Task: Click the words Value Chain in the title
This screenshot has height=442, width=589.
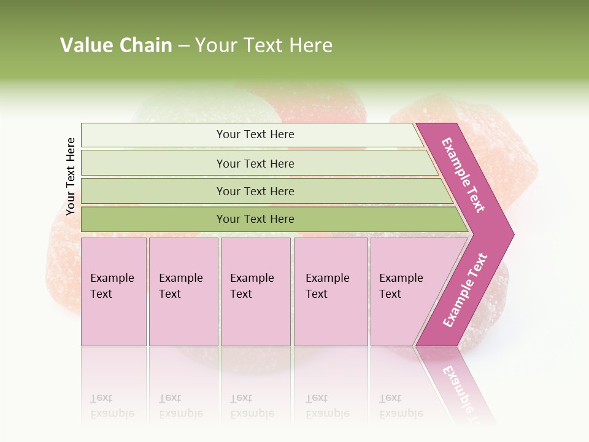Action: pyautogui.click(x=116, y=45)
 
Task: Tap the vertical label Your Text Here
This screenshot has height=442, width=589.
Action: pyautogui.click(x=71, y=176)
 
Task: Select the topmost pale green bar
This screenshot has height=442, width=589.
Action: pyautogui.click(x=153, y=135)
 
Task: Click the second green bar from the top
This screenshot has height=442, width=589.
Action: pyautogui.click(x=153, y=163)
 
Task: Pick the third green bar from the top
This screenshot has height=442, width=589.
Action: pyautogui.click(x=153, y=192)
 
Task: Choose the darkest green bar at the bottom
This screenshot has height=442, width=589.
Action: pyautogui.click(x=153, y=219)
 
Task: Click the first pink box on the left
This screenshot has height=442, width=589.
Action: pyautogui.click(x=114, y=292)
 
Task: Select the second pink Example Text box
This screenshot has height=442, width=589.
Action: pyautogui.click(x=183, y=292)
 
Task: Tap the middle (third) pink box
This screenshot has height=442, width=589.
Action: pyautogui.click(x=255, y=292)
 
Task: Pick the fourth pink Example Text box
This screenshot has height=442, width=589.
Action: pyautogui.click(x=330, y=292)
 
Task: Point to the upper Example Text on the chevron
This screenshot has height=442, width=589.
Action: pyautogui.click(x=463, y=175)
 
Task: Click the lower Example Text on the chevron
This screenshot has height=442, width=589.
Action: pyautogui.click(x=465, y=290)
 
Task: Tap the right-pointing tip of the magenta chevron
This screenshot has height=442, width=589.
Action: pyautogui.click(x=510, y=234)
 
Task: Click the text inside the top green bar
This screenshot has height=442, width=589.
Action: pyautogui.click(x=255, y=134)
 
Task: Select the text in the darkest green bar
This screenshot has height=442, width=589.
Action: pyautogui.click(x=255, y=219)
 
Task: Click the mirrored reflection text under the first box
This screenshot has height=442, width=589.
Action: pyautogui.click(x=112, y=406)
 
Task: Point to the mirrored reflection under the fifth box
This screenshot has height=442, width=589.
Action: pyautogui.click(x=401, y=406)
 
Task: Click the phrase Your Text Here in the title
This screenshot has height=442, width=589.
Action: pyautogui.click(x=264, y=45)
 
